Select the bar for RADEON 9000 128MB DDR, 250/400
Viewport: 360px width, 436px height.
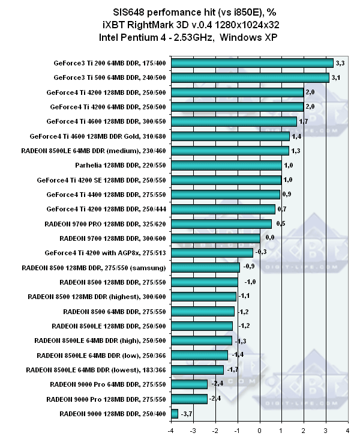point(175,413)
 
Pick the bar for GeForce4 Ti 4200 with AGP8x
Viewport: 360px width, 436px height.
point(256,253)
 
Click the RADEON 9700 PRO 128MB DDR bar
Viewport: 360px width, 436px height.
point(265,223)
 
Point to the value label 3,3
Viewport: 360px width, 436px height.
point(341,62)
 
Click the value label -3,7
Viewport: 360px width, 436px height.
point(187,414)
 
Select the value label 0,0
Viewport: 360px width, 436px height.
point(270,238)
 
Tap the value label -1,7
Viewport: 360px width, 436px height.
point(233,370)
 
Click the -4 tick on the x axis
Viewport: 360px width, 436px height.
point(170,429)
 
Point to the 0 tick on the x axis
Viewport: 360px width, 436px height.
point(259,429)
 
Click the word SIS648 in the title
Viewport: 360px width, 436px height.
point(131,11)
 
